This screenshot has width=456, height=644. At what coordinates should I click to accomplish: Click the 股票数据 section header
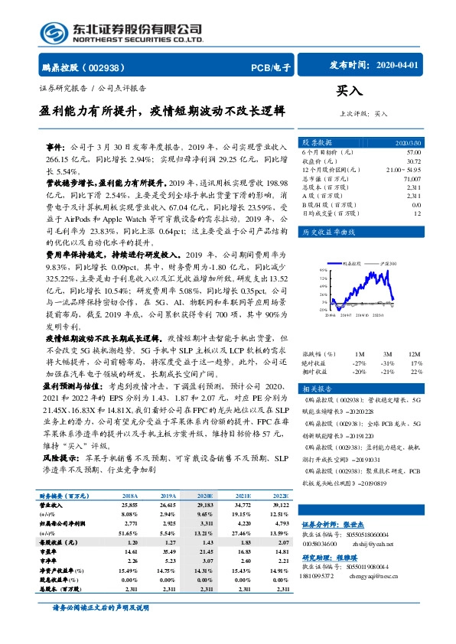(319, 143)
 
